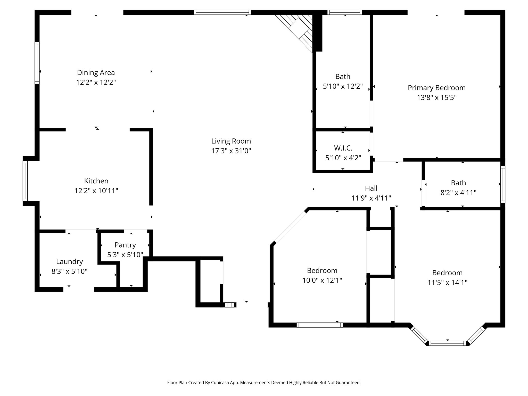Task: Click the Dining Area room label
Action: click(96, 73)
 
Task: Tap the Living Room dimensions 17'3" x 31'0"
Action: click(231, 151)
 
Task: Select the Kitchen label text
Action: click(96, 181)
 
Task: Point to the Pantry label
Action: click(125, 245)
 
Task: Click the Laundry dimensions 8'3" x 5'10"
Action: click(69, 271)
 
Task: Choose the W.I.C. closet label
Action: click(343, 148)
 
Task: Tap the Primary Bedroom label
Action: click(436, 88)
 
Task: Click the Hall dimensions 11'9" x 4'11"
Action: click(371, 198)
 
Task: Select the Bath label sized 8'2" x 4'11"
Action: click(458, 183)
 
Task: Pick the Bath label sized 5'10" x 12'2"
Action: click(343, 77)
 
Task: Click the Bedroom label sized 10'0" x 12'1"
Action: click(322, 271)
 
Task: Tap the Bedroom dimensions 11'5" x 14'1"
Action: click(447, 283)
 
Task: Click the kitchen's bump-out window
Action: click(25, 181)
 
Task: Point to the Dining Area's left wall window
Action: click(37, 63)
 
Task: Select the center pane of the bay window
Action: click(447, 343)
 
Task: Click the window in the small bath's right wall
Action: click(503, 184)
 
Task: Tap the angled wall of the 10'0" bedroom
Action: click(290, 226)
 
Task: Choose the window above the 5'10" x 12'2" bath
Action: click(345, 12)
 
